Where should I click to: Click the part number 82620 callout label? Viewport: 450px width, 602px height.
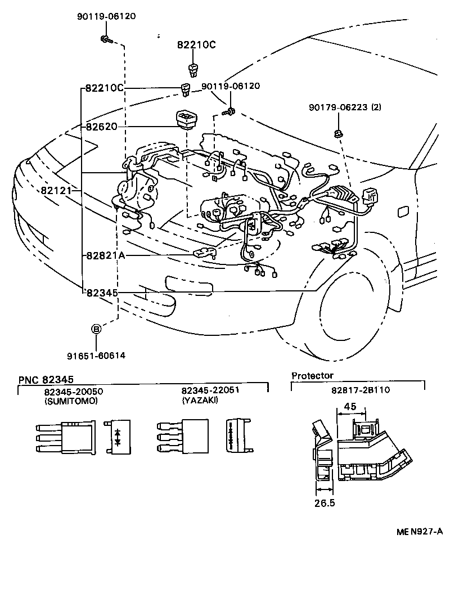[102, 126]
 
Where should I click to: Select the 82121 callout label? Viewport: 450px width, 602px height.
[56, 191]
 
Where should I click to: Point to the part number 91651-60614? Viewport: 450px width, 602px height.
[96, 355]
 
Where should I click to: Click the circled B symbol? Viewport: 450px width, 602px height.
[96, 329]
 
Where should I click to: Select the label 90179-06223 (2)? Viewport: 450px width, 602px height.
[344, 107]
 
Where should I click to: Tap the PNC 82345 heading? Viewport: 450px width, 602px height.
[46, 380]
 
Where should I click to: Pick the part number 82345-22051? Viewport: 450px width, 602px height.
[209, 391]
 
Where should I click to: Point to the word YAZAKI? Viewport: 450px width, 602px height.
[201, 401]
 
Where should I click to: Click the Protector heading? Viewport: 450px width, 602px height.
[312, 375]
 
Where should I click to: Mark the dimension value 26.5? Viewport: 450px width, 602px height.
[325, 502]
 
